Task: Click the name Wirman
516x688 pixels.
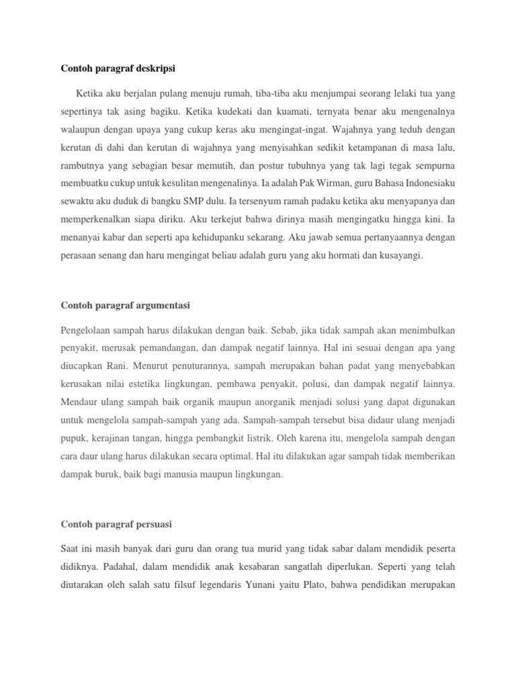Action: (320, 202)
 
